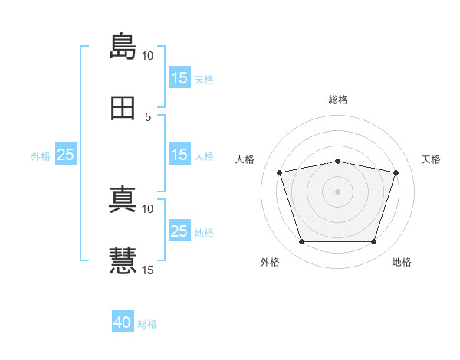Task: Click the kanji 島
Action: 123,46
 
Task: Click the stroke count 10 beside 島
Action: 147,56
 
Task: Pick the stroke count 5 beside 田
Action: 148,117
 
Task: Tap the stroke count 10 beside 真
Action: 147,208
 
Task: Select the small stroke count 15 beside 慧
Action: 147,270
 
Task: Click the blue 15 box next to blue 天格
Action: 179,78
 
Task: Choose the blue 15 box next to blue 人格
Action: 179,155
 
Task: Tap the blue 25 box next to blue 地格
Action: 179,231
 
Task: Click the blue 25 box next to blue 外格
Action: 66,155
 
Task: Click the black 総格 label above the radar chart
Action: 338,100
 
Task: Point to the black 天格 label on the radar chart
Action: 432,159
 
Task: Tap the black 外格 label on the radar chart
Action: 269,263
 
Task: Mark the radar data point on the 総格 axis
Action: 338,161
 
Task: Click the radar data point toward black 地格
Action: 373,242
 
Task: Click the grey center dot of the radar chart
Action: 338,191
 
